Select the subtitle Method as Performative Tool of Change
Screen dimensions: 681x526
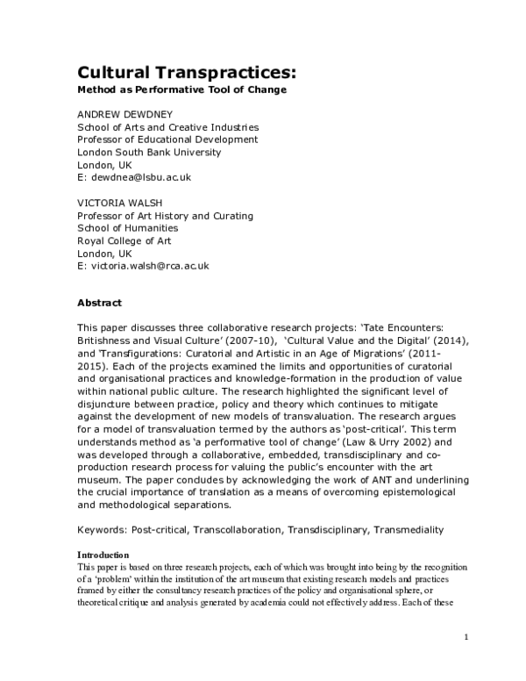pos(182,90)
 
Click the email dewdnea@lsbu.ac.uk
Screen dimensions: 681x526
pos(134,176)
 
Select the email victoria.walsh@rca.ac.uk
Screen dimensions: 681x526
pos(143,265)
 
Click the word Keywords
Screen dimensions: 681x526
pos(102,530)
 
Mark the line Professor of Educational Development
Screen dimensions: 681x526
pos(167,140)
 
